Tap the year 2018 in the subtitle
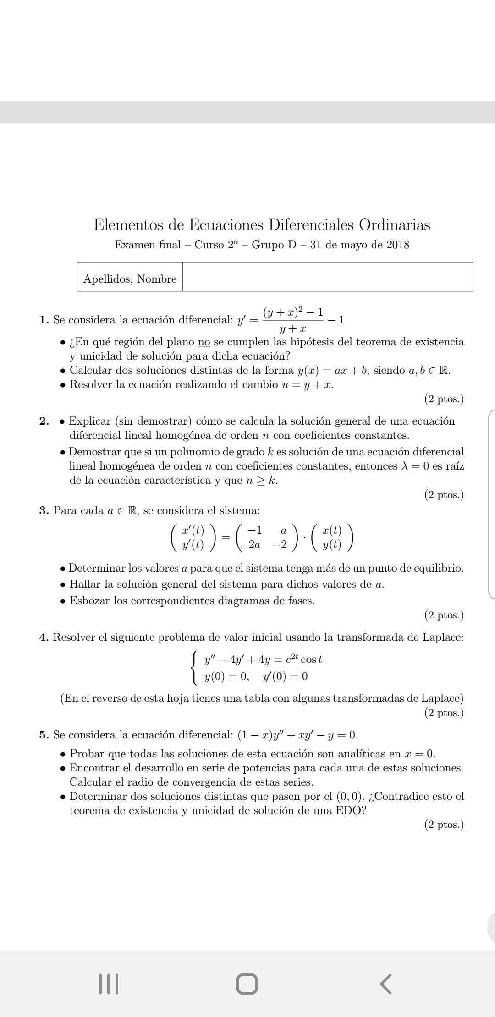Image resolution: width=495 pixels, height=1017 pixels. click(x=398, y=245)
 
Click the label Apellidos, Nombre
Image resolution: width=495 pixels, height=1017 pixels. click(x=130, y=279)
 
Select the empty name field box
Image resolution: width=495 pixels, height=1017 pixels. click(x=327, y=277)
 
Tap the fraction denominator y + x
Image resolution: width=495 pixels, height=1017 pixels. click(x=293, y=329)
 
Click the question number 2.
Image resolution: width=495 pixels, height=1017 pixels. click(x=44, y=421)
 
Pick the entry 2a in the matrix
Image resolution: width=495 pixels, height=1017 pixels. click(x=254, y=545)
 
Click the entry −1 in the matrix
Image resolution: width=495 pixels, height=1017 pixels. click(x=254, y=530)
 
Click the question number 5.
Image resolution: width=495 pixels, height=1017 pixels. click(x=44, y=735)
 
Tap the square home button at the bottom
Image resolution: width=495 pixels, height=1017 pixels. click(x=247, y=984)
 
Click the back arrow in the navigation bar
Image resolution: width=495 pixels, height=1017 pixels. click(x=386, y=984)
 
